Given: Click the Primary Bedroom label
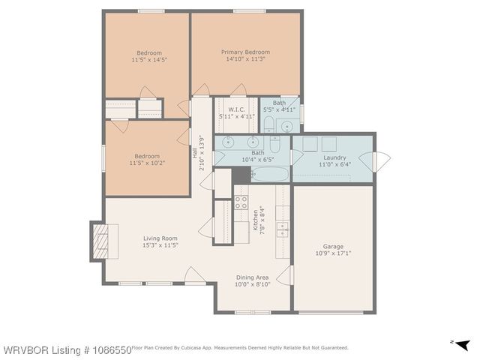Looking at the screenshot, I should (245, 52).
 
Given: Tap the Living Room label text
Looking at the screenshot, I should (160, 238).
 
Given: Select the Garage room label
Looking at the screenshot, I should (332, 246).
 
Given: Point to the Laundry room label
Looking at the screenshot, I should (334, 157).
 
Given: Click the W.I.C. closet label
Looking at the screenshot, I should (236, 109).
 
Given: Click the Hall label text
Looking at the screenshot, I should (193, 155).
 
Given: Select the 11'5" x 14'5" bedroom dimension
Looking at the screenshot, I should (148, 60).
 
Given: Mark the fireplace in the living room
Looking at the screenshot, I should (100, 241).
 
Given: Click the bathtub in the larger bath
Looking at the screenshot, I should (268, 175).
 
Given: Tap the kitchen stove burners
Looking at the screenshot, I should (241, 202).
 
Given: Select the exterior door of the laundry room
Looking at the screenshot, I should (381, 159).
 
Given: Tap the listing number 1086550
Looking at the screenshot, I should (106, 349).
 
